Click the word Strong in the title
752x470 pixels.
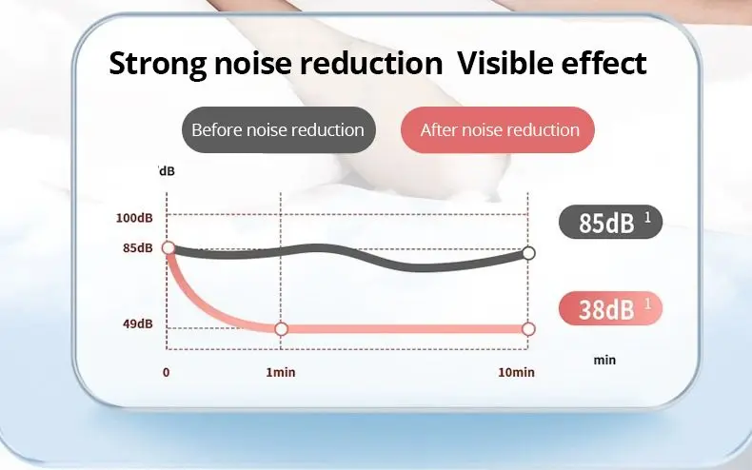[158, 64]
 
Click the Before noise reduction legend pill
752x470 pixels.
[278, 130]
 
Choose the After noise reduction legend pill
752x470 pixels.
[499, 130]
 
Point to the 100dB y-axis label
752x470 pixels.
[134, 218]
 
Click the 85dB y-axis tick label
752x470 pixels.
[137, 248]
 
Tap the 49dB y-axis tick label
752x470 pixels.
[137, 323]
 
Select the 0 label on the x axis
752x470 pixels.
[167, 372]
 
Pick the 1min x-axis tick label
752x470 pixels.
[281, 372]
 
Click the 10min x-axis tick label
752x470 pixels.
[516, 372]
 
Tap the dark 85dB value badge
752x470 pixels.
[609, 224]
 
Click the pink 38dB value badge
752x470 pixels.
[609, 309]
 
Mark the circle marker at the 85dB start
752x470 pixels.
[168, 248]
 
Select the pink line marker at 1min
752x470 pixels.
[281, 329]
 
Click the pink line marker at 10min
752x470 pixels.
[529, 329]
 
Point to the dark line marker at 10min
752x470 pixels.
[529, 253]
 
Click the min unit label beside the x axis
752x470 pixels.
[604, 361]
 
